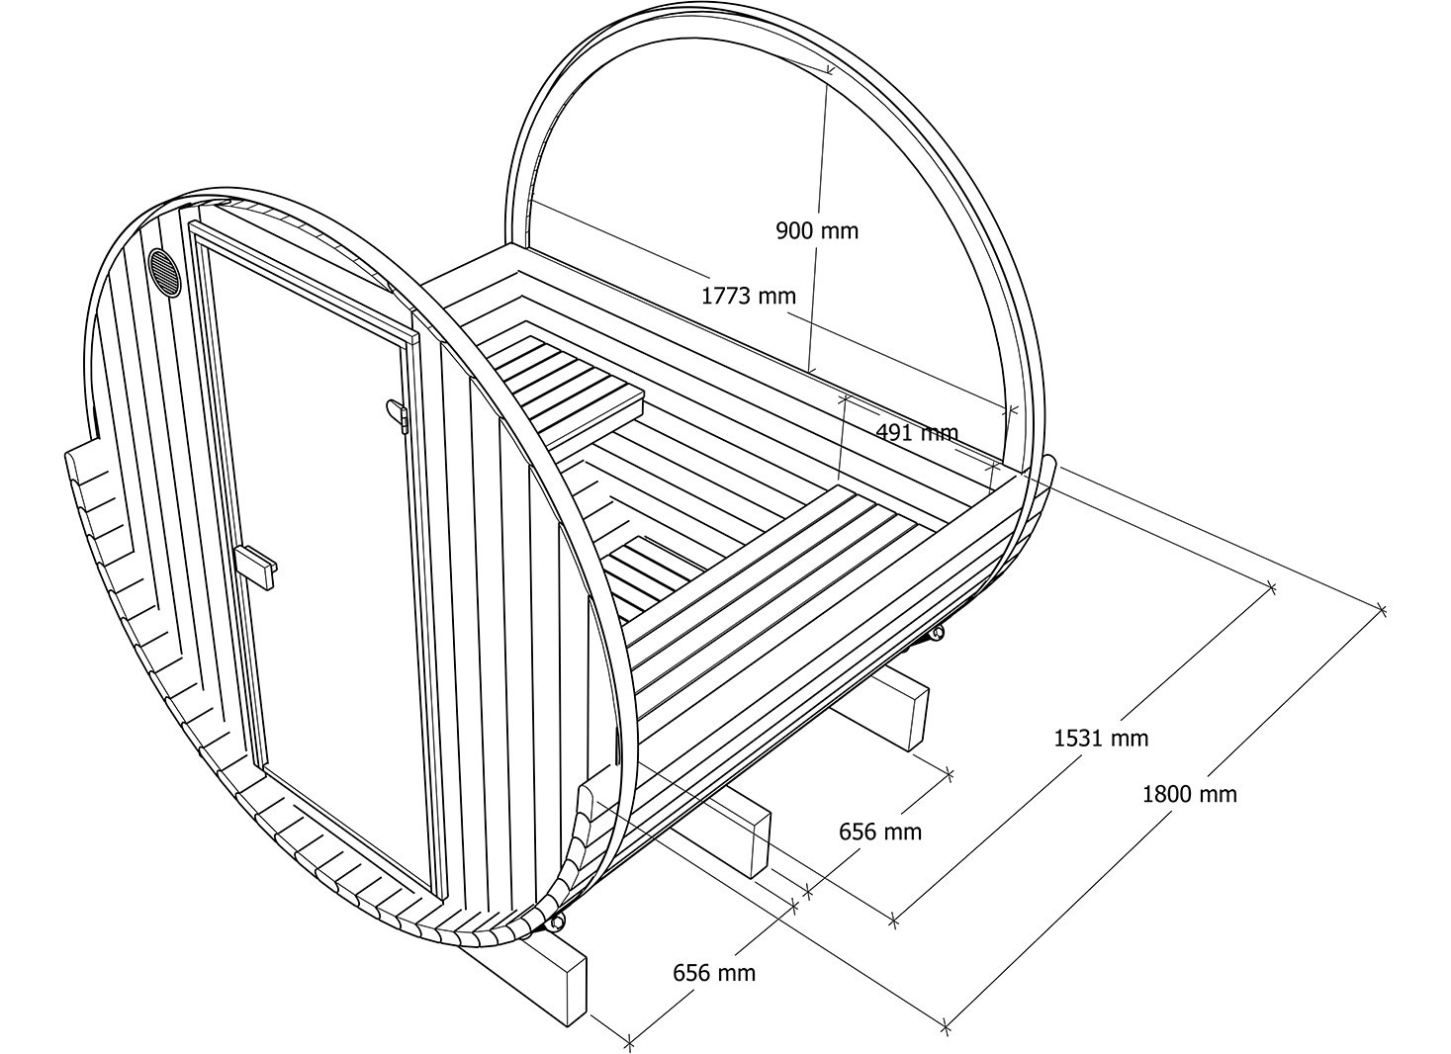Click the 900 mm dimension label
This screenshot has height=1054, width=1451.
click(817, 230)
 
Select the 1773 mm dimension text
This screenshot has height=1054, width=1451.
click(748, 296)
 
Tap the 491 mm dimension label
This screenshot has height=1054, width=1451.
click(917, 432)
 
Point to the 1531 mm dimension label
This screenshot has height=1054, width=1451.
click(1101, 738)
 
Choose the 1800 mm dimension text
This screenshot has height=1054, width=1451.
click(1189, 794)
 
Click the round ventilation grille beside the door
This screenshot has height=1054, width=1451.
click(165, 272)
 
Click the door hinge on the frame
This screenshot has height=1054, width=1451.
click(398, 414)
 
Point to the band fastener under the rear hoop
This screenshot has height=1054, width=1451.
click(935, 634)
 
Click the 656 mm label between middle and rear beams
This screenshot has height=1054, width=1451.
click(879, 832)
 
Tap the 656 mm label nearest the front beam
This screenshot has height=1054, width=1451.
click(714, 972)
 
